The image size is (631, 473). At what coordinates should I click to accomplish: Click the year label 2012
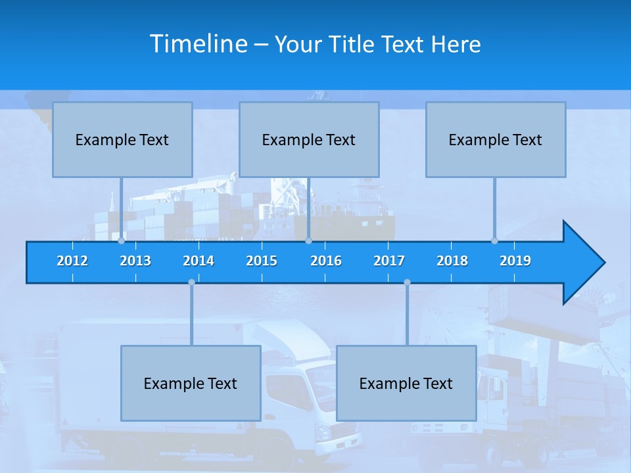click(x=72, y=261)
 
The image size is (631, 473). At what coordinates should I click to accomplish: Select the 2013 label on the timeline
click(x=135, y=261)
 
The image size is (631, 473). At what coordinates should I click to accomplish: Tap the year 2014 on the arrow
click(x=199, y=261)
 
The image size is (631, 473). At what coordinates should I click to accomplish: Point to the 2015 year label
click(x=262, y=261)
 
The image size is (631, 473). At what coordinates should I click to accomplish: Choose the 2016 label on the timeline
click(x=326, y=261)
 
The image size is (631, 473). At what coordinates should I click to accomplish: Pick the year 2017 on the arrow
click(x=389, y=261)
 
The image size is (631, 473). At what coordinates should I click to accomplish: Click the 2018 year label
click(x=452, y=261)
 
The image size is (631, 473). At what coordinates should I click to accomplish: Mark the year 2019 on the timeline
click(x=515, y=261)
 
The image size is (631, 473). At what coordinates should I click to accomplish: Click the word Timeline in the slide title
click(x=199, y=44)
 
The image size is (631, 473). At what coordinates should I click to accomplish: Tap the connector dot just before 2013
click(x=121, y=241)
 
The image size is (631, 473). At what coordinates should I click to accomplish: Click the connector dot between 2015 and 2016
click(x=308, y=241)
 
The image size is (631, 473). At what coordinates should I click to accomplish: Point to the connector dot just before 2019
click(x=494, y=241)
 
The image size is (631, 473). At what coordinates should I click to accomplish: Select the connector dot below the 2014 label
click(x=191, y=282)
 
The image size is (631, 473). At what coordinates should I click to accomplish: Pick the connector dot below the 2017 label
click(x=407, y=282)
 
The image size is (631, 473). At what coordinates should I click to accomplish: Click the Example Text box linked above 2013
click(x=122, y=140)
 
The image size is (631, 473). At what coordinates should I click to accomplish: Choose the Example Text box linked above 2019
click(x=496, y=140)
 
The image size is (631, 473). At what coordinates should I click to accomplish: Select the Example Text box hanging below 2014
click(x=191, y=384)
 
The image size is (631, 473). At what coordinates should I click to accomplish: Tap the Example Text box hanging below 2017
click(x=406, y=384)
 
